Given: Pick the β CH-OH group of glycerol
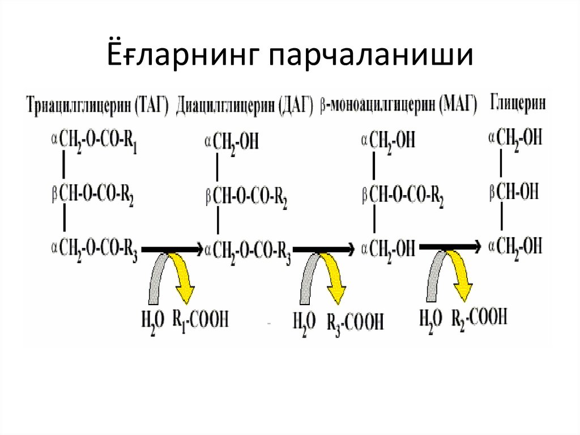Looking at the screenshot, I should click(514, 192).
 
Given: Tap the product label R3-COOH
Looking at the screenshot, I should click(355, 321).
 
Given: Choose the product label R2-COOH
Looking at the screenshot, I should click(479, 316).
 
